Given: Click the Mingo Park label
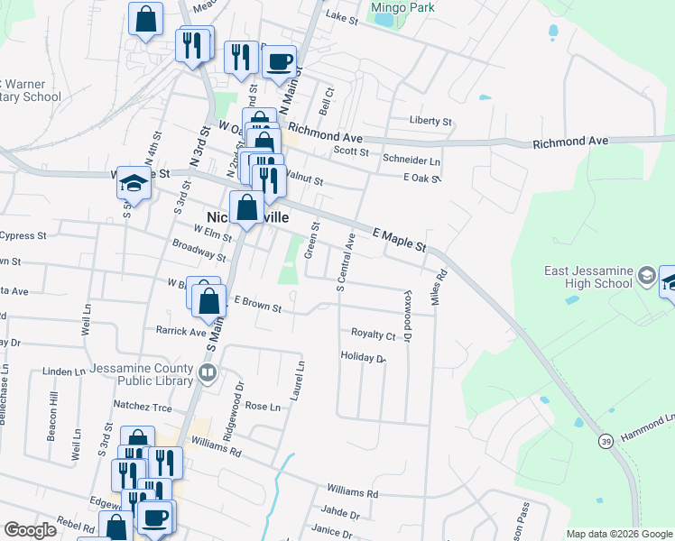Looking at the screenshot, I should tap(402, 8).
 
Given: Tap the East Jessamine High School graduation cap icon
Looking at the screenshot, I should tap(646, 275).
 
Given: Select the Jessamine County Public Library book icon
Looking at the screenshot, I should tap(208, 372).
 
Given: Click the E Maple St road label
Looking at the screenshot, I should tap(399, 239).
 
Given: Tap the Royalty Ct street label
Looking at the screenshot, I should tap(374, 335).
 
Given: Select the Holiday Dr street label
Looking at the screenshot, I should tap(363, 358).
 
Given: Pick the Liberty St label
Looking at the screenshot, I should tap(430, 121).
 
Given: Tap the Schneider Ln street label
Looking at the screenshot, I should tap(411, 160).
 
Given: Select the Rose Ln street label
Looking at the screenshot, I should tap(263, 407).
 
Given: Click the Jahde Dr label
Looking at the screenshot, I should tap(342, 515).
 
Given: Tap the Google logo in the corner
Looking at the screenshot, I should tap(30, 530).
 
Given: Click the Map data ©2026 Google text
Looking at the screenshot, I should tap(618, 534).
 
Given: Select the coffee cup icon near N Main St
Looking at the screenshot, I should tap(279, 61).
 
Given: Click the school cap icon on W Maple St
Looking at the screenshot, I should tap(134, 182).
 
